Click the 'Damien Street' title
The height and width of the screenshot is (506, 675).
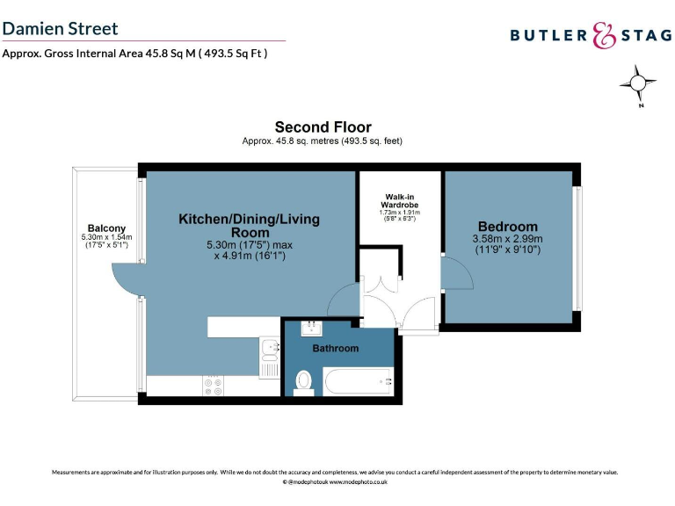coord(60,28)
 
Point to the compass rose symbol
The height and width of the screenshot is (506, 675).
coord(638,84)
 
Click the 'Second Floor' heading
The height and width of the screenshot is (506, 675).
coord(323,127)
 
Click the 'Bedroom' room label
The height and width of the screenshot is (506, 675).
coord(507,226)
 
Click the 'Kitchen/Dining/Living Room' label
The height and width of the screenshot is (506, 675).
coord(250,225)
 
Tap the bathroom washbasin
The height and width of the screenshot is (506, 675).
coord(312,329)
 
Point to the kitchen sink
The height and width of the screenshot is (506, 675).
coord(269,351)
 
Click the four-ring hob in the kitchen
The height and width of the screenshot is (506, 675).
coord(214,386)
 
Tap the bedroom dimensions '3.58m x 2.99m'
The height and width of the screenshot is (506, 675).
coord(507,239)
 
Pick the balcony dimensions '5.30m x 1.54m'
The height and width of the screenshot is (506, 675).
coord(105,237)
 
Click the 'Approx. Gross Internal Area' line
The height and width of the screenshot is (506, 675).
coord(134,53)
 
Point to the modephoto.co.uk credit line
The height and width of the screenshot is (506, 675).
coord(335,482)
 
